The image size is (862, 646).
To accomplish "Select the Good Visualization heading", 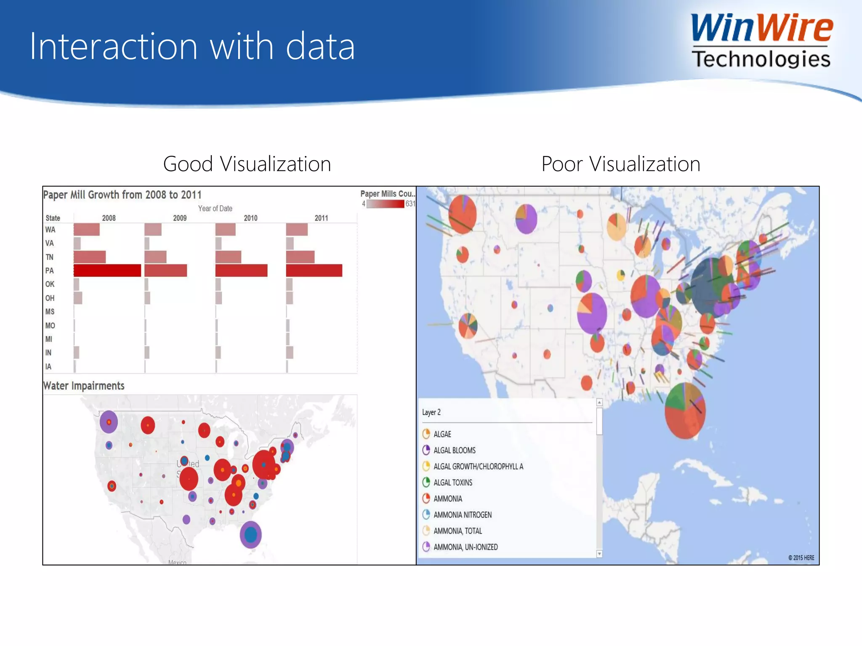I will (247, 164).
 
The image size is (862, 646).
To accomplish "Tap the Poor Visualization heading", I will (621, 164).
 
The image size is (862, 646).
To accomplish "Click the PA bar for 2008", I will (107, 270).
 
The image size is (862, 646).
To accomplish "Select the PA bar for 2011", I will (314, 270).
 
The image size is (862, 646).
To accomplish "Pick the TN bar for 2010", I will (228, 257).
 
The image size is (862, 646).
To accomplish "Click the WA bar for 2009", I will (153, 230).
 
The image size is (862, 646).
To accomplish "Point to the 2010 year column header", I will (250, 218).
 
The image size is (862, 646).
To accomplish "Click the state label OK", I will (50, 284).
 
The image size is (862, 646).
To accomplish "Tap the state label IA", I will (48, 367).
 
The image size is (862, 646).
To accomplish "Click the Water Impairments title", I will (84, 386).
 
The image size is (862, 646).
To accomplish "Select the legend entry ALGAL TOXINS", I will (453, 482).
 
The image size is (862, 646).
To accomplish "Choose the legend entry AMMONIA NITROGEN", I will (462, 515).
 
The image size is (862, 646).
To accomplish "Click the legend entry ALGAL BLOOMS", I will (454, 450).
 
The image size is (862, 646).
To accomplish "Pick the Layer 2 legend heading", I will (431, 412).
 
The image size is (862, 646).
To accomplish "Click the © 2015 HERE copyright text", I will (801, 558).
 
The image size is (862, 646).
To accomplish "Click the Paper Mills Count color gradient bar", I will (385, 204).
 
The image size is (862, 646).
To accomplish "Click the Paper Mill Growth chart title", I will (122, 195).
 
